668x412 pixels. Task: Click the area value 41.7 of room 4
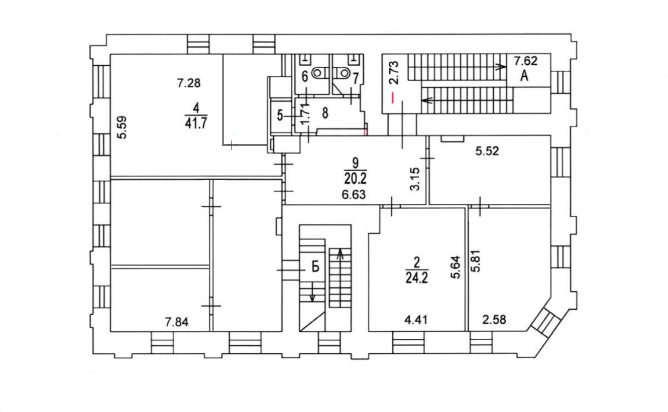tap(196, 123)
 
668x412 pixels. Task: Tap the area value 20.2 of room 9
tap(355, 179)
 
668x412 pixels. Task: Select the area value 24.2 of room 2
tap(416, 278)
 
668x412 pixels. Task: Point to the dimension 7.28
tap(189, 83)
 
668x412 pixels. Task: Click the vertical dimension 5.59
tap(122, 127)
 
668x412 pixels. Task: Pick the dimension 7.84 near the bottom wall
tap(177, 322)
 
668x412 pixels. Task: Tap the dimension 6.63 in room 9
tap(354, 195)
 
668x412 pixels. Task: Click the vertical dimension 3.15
tap(415, 179)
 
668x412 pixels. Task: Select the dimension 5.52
tap(487, 152)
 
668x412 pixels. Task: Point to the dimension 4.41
tap(416, 320)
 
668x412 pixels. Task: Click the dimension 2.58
tap(494, 320)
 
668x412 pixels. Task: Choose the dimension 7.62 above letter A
tap(526, 61)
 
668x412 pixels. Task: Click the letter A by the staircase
tap(524, 76)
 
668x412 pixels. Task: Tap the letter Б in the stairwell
tap(315, 266)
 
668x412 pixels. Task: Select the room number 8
tap(325, 113)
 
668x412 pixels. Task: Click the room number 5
tap(280, 115)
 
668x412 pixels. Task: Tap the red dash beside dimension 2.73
tap(393, 98)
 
